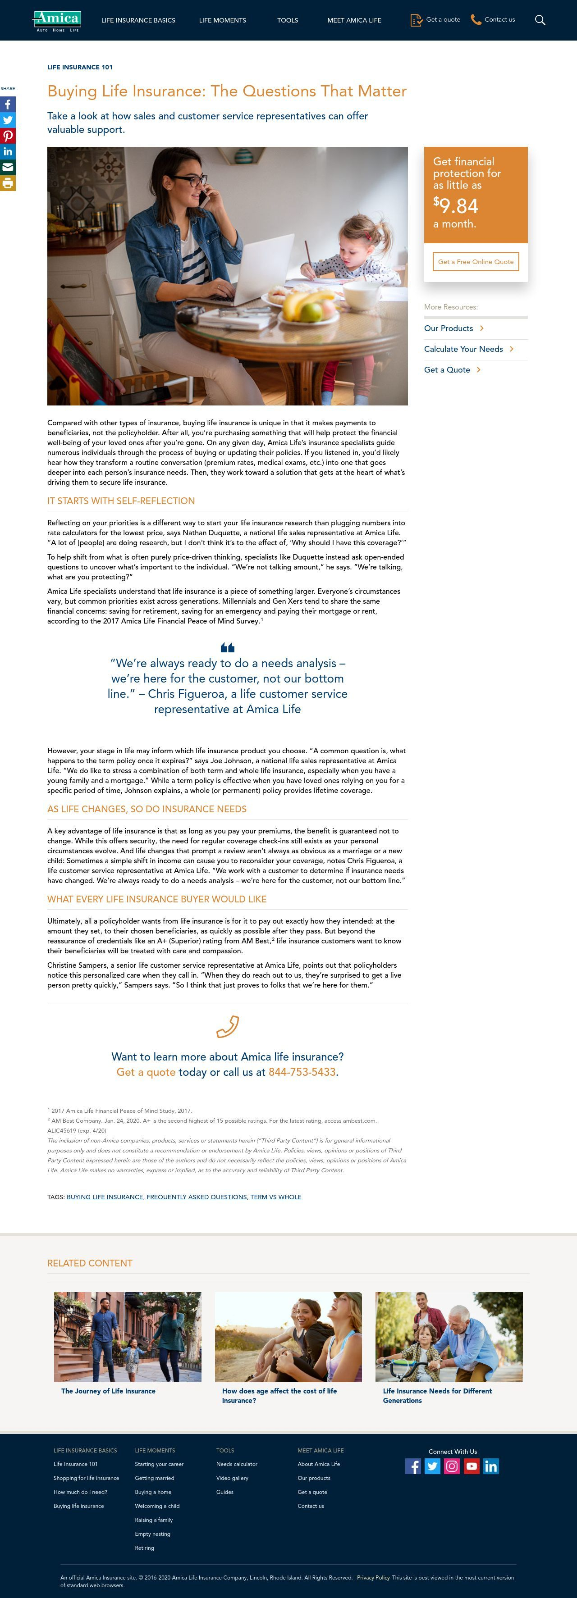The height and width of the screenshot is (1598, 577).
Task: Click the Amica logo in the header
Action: click(x=57, y=20)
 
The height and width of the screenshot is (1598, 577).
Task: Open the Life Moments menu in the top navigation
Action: click(x=222, y=20)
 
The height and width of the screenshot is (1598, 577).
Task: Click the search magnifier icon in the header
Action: click(x=540, y=20)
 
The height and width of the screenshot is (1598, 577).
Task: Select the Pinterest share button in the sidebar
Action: click(x=8, y=136)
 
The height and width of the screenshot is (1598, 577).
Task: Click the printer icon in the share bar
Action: click(x=8, y=183)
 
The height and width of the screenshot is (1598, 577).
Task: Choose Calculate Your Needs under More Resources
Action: click(x=463, y=349)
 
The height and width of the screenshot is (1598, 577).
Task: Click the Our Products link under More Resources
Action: click(x=449, y=328)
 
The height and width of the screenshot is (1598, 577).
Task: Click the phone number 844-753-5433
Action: click(x=302, y=1072)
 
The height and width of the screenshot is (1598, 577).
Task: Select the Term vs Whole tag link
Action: click(x=275, y=1197)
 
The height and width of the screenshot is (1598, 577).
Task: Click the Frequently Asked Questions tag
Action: click(x=197, y=1197)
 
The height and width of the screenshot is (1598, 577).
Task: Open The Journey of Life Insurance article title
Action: click(x=108, y=1391)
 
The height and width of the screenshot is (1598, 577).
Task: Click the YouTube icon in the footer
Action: click(x=472, y=1466)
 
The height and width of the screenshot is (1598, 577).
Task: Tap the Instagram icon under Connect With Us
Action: click(x=452, y=1466)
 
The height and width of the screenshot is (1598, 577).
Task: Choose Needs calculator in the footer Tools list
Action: click(x=236, y=1464)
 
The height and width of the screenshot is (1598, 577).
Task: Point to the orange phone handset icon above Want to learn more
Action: click(x=227, y=1027)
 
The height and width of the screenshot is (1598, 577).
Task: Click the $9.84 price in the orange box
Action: click(x=456, y=205)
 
